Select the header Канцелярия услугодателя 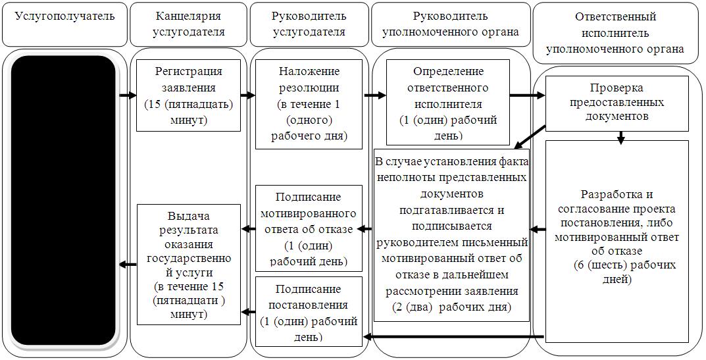coord(188,24)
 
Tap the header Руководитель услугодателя coord(309,24)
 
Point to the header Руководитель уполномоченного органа coord(450,24)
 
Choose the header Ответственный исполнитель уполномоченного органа coord(615,33)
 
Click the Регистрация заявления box coord(188,95)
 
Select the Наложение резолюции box coord(309,104)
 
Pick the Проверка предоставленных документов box coord(617,103)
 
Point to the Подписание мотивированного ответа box coord(309,228)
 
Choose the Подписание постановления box coord(309,312)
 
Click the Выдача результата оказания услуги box coord(188,265)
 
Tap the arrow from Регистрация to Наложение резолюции coord(247,95)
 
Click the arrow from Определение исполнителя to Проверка coord(527,95)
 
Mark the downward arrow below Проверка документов coord(621,138)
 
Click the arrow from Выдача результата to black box coord(128,265)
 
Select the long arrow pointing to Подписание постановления coord(454,336)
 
